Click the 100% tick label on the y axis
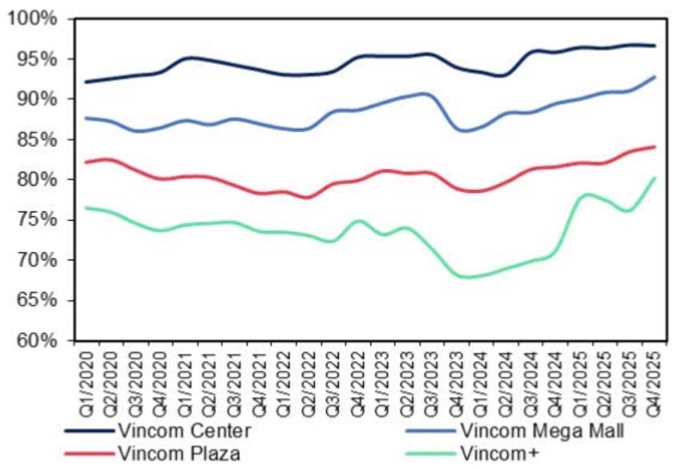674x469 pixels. [x=32, y=19]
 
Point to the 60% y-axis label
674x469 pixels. [x=37, y=340]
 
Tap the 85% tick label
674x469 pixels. [x=37, y=140]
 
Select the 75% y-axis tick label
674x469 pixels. [x=37, y=220]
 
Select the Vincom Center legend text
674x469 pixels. [x=185, y=431]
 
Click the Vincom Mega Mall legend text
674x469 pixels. [x=541, y=431]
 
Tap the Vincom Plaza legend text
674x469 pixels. [x=179, y=453]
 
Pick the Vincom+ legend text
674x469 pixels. [x=499, y=453]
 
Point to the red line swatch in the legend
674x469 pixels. [x=90, y=453]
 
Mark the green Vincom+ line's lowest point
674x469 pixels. [x=466, y=277]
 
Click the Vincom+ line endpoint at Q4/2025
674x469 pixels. [x=654, y=178]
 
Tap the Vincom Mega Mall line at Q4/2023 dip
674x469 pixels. [x=465, y=130]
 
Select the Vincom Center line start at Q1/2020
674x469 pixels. [x=86, y=82]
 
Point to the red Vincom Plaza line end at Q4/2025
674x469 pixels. [x=654, y=146]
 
